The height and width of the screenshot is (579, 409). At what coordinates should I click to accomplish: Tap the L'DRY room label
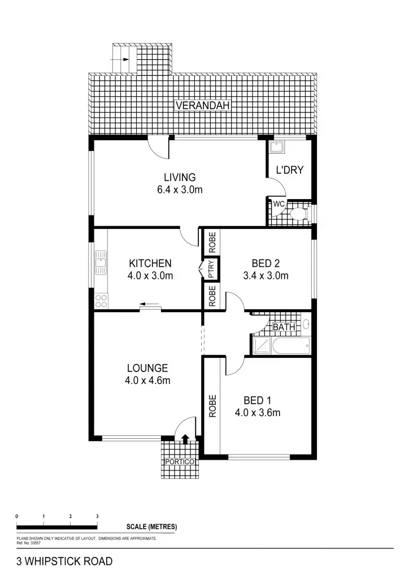[x=289, y=169]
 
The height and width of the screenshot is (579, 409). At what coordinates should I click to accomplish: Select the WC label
[x=279, y=204]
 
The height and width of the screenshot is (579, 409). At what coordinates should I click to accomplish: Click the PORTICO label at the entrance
[x=180, y=462]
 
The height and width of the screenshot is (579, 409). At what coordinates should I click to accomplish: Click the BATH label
[x=284, y=327]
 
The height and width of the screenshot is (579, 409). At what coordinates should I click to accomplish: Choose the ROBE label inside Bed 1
[x=212, y=405]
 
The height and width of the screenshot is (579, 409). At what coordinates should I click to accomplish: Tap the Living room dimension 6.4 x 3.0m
[x=180, y=190]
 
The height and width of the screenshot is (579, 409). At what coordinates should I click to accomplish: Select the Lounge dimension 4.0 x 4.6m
[x=147, y=381]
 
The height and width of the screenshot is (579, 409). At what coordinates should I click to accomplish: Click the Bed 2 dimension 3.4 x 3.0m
[x=266, y=276]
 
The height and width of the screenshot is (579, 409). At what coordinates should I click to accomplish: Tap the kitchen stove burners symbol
[x=101, y=300]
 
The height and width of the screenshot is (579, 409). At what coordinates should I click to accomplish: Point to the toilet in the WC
[x=299, y=214]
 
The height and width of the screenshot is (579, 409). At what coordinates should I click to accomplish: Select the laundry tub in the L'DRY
[x=277, y=147]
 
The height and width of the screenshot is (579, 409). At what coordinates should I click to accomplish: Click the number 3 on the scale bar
[x=97, y=517]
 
